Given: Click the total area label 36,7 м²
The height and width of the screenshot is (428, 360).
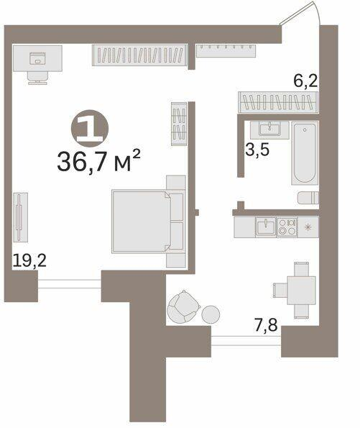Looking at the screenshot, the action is click(98, 161).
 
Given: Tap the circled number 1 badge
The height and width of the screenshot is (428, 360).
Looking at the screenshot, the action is click(90, 128).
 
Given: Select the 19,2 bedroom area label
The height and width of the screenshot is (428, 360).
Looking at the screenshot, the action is click(29, 260).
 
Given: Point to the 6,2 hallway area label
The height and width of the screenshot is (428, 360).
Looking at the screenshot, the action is click(305, 81).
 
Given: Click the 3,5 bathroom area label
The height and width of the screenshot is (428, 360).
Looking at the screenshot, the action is click(257, 150).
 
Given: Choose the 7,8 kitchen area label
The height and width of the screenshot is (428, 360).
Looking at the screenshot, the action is click(266, 325).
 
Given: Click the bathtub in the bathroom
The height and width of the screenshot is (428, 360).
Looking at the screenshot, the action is click(305, 152).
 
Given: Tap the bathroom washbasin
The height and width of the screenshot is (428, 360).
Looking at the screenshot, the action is click(269, 129).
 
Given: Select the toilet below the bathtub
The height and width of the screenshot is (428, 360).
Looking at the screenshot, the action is click(308, 198).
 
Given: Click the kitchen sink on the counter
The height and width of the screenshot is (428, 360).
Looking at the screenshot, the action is click(266, 227).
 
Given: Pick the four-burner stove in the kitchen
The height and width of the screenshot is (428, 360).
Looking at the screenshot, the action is click(287, 227).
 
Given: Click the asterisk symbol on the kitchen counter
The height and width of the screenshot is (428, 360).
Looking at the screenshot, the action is click(308, 227).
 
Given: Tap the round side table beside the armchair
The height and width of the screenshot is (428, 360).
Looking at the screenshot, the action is click(211, 314).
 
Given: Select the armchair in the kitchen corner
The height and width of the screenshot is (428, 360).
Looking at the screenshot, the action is click(183, 307).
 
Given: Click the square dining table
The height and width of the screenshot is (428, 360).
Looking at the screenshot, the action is click(301, 290).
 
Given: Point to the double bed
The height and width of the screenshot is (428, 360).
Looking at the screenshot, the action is click(147, 222).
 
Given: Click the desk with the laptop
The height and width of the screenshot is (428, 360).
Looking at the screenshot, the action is click(37, 58).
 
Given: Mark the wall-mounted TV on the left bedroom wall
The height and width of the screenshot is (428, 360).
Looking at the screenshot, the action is click(20, 217).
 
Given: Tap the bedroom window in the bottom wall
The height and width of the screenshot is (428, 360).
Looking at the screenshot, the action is click(70, 284).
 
